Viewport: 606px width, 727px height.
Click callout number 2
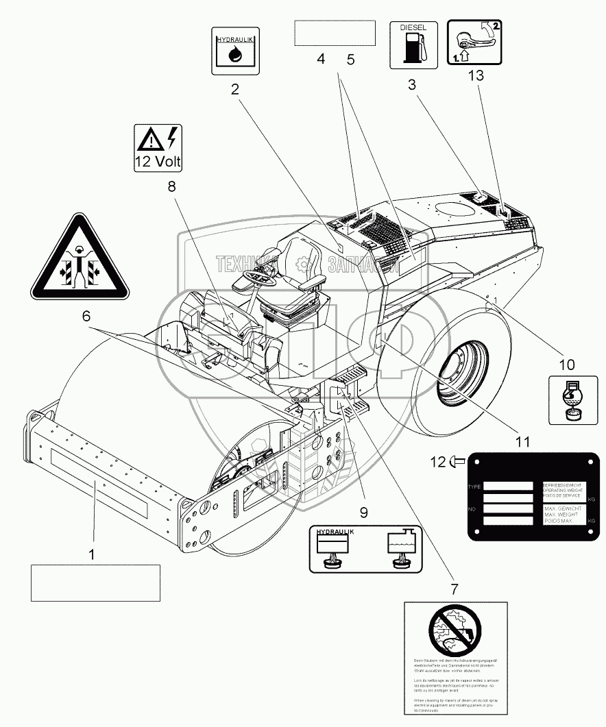coord(234,88)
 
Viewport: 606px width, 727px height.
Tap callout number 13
coord(475,75)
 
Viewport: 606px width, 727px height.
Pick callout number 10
coord(568,365)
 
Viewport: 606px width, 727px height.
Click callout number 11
coord(522,441)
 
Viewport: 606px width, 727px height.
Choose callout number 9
coord(363,511)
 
